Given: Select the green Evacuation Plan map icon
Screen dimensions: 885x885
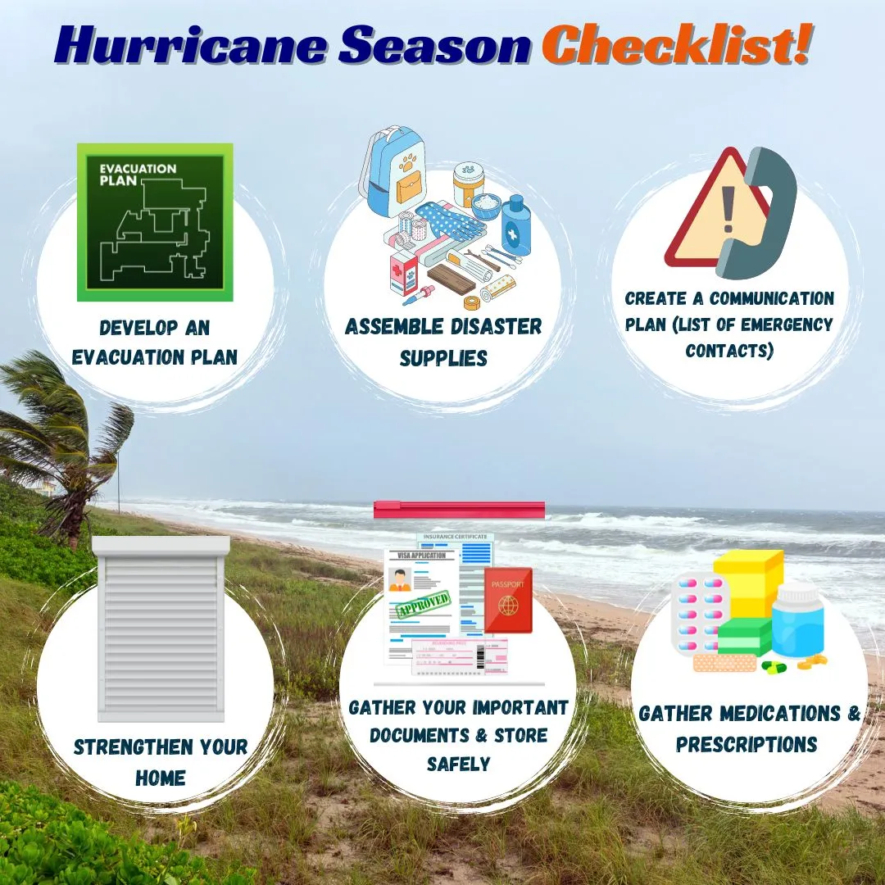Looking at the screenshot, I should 155,222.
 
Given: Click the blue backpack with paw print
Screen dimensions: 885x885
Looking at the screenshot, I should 393,172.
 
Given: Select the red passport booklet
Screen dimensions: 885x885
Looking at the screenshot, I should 508,600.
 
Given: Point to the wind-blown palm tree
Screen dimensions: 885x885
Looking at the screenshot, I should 57,426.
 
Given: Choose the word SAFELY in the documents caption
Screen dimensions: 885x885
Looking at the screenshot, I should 458,764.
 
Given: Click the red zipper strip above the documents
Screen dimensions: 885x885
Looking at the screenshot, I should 459,510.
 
